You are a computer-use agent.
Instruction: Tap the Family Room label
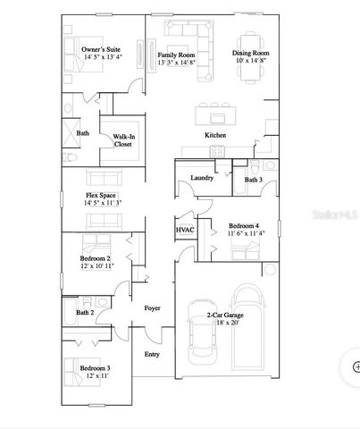click(x=176, y=55)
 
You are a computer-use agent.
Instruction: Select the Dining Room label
click(x=251, y=54)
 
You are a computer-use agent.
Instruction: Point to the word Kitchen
click(x=215, y=135)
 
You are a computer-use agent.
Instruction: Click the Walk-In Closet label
click(x=123, y=140)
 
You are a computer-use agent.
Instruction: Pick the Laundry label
click(x=202, y=178)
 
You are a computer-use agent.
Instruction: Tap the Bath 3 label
click(x=253, y=180)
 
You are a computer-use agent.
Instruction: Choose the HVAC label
click(x=185, y=230)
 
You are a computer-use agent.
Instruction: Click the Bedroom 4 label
click(x=244, y=225)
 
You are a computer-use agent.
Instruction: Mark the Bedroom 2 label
click(x=96, y=258)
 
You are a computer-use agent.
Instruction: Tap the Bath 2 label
click(x=85, y=313)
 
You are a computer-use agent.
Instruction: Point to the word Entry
click(x=152, y=354)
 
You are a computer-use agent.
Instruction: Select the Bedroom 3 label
click(x=95, y=368)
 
